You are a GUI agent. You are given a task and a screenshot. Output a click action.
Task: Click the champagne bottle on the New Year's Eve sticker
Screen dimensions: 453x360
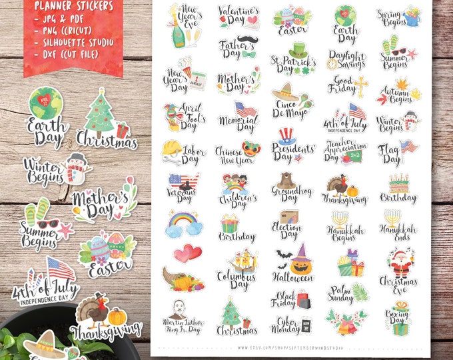tap(177, 35)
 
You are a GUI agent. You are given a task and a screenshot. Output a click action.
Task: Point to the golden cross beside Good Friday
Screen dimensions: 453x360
tap(361, 85)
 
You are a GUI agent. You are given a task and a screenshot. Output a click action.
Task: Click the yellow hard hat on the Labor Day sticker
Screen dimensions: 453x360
tap(174, 148)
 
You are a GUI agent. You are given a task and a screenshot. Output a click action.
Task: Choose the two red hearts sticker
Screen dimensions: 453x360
tap(187, 253)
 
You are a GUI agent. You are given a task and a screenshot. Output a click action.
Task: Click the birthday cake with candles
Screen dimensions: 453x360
tap(399, 183)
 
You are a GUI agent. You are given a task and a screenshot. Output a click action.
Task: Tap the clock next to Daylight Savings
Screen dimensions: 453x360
tap(332, 64)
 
